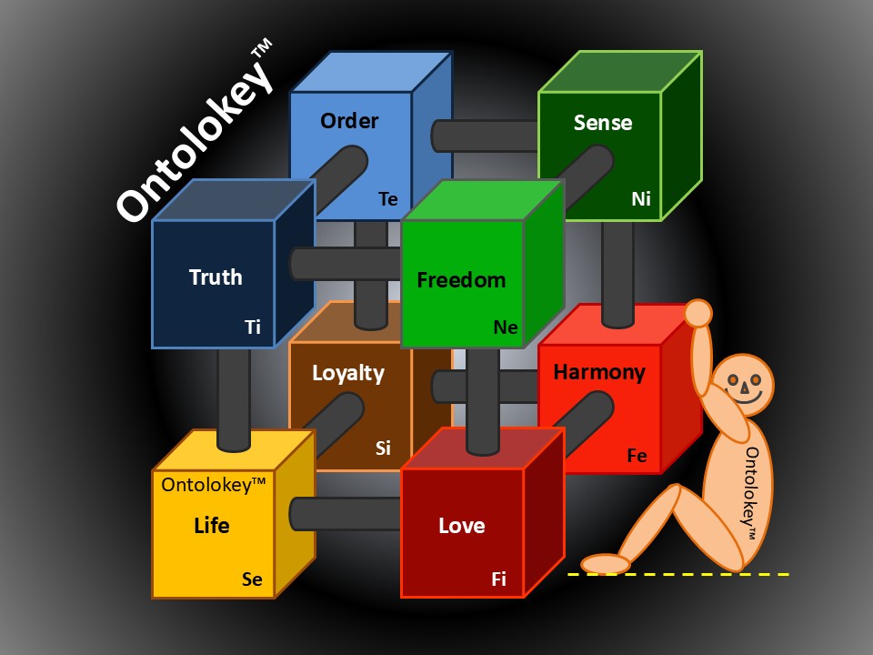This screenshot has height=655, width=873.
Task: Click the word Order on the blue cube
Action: (x=349, y=121)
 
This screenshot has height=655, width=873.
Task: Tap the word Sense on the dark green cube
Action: (x=602, y=123)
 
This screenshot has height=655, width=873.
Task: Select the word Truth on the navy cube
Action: (x=216, y=277)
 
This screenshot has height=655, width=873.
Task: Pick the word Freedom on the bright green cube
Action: (x=461, y=279)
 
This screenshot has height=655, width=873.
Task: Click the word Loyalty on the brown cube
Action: (x=348, y=373)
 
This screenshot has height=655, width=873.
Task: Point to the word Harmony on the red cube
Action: (x=599, y=372)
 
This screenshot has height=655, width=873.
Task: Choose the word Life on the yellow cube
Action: (x=212, y=526)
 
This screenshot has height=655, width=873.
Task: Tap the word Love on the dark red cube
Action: (x=462, y=526)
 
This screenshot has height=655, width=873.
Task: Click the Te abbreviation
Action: (x=388, y=198)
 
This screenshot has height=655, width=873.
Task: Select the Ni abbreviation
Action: (x=641, y=198)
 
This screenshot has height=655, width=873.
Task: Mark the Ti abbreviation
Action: (x=253, y=327)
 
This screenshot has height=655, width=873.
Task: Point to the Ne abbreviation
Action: (x=506, y=327)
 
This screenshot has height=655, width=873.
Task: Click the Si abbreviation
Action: (x=384, y=448)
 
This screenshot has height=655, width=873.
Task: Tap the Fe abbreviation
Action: (x=637, y=456)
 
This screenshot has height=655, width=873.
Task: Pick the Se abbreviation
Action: (x=252, y=579)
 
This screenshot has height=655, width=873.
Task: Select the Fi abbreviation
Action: (x=499, y=579)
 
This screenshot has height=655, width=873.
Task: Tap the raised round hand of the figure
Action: (x=697, y=313)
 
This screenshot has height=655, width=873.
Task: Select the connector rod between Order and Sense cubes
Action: (x=487, y=136)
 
